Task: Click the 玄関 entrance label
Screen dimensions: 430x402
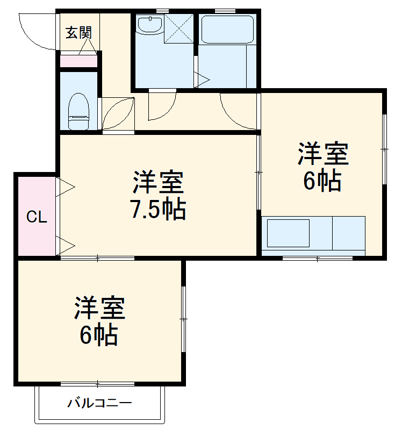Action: [x=79, y=33]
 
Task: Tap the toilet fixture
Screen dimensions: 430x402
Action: [x=79, y=111]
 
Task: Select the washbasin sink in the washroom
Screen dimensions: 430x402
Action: [x=149, y=25]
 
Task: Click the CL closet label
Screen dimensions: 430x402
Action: [x=37, y=218]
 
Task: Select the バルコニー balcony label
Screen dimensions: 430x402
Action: [x=99, y=403]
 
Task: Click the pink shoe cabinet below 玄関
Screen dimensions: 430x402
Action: [x=78, y=61]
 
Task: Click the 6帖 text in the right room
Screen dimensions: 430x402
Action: [x=322, y=181]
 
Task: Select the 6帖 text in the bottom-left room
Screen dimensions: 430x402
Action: [x=99, y=335]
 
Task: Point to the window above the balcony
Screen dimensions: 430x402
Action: [x=97, y=384]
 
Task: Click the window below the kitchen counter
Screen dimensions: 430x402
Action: [x=317, y=259]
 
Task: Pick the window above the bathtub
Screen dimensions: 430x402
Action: [x=225, y=10]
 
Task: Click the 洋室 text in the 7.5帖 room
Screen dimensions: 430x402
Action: [x=159, y=183]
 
